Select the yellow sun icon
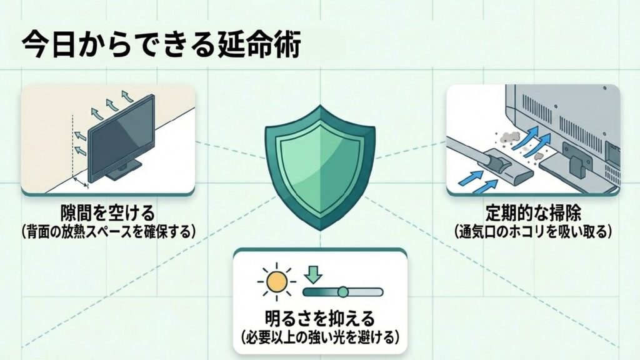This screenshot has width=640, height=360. pos(276,283)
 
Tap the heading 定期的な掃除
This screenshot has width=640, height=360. pos(533,213)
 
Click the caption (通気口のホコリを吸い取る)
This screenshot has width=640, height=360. pos(533,231)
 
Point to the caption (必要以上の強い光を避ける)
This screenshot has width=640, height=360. pos(320,337)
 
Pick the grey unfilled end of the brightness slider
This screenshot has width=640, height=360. pos(369,292)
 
